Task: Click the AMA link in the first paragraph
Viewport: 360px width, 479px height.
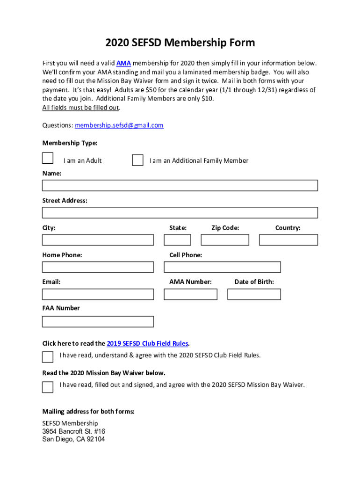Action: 123,63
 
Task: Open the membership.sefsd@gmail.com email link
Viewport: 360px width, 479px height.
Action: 119,125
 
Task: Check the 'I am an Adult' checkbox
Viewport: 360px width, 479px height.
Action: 48,158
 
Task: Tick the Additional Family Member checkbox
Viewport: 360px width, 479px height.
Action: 137,160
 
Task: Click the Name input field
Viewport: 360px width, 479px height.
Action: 180,186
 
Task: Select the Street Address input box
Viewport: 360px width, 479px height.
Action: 180,213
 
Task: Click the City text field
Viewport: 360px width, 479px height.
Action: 98,240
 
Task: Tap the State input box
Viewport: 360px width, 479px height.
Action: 177,240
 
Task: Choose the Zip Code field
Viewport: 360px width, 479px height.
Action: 225,240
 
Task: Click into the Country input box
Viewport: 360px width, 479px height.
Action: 288,240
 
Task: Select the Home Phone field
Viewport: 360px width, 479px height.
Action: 98,267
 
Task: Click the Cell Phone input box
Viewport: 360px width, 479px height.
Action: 222,267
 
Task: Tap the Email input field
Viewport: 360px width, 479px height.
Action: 98,294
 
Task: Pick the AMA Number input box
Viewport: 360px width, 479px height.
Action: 190,294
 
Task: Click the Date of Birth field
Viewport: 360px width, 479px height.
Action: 254,294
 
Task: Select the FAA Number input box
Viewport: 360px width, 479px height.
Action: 98,321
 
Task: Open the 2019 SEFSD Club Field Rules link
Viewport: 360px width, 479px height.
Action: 147,343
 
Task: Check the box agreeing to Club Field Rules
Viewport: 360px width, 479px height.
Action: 48,357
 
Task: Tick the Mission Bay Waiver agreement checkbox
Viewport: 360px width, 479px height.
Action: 48,387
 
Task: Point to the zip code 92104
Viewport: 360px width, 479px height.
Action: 95,439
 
